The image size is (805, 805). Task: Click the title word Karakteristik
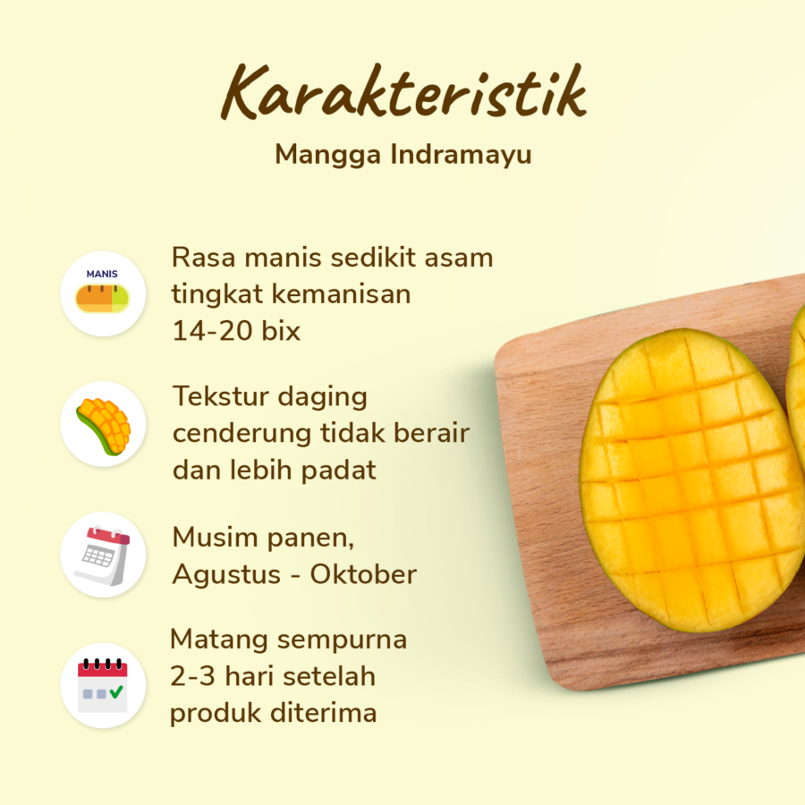coord(403,92)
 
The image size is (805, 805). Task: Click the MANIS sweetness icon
coord(103,293)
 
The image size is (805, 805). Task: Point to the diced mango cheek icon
coord(103,425)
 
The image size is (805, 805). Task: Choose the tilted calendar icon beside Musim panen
coord(103,555)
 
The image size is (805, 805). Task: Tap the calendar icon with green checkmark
coord(103,684)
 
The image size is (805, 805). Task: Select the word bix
coord(278,331)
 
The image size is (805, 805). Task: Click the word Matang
coord(218,640)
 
